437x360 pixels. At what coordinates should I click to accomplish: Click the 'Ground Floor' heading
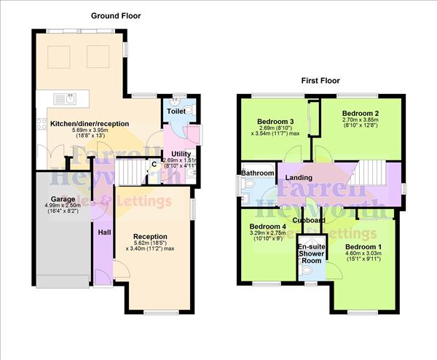pyautogui.click(x=116, y=15)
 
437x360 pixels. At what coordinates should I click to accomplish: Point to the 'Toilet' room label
pyautogui.click(x=176, y=111)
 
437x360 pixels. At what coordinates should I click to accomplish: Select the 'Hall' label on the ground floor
pyautogui.click(x=104, y=232)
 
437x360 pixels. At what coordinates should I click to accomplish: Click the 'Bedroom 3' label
pyautogui.click(x=276, y=121)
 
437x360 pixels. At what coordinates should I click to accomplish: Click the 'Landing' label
pyautogui.click(x=299, y=177)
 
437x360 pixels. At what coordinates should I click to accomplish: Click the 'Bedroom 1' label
pyautogui.click(x=364, y=246)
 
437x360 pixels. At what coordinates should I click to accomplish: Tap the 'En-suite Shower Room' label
pyautogui.click(x=311, y=254)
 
